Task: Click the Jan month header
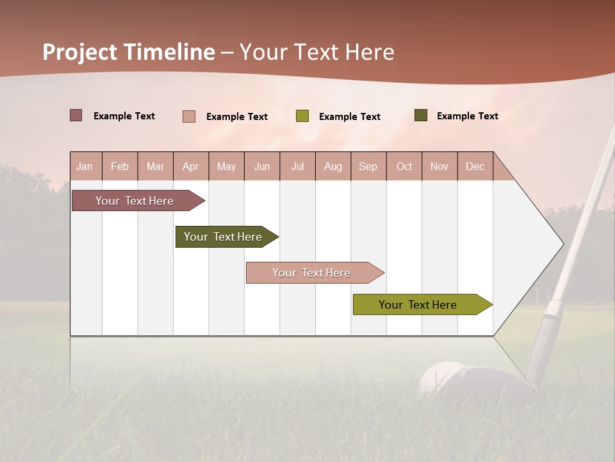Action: [x=85, y=166]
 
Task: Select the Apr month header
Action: [x=190, y=166]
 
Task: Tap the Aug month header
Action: [x=332, y=166]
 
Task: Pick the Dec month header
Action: [x=475, y=166]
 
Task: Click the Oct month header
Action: [x=404, y=166]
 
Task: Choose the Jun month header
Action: [x=261, y=166]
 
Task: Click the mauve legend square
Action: [x=76, y=116]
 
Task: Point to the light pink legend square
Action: [x=188, y=116]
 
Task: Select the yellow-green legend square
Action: [x=302, y=116]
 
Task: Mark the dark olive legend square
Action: [x=420, y=116]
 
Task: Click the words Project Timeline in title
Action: [x=128, y=52]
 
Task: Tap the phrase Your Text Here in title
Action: [x=317, y=52]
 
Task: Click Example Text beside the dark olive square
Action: [x=467, y=116]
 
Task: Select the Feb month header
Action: [x=119, y=166]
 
